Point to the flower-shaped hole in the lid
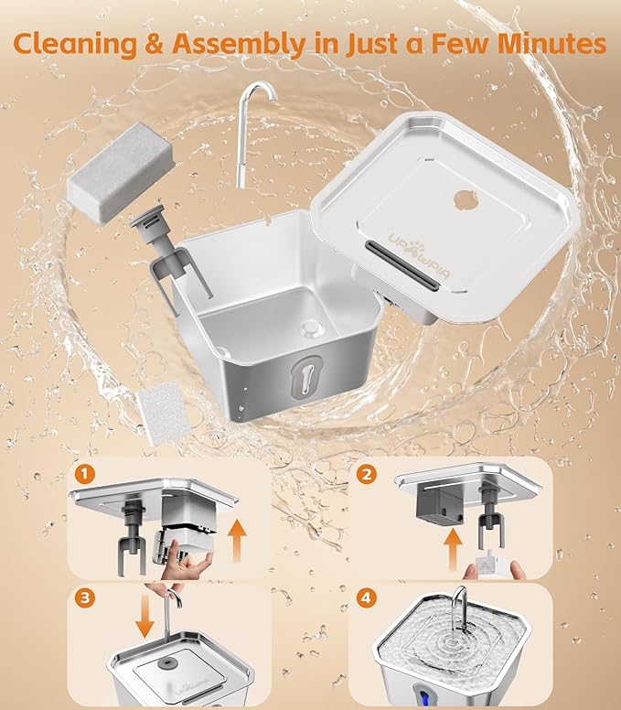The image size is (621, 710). tap(463, 199)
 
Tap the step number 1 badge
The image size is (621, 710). tap(84, 474)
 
